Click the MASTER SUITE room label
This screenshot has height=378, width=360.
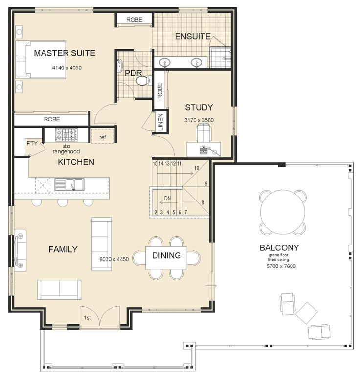point(65,53)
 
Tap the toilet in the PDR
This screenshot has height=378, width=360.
point(143,80)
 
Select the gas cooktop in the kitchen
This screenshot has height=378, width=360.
point(67,135)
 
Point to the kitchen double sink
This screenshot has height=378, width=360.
point(69,185)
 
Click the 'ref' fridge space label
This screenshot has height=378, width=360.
point(103,137)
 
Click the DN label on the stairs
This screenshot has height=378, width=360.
point(167,198)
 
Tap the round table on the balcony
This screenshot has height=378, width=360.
point(283,212)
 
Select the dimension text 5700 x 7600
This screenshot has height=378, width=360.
point(281,266)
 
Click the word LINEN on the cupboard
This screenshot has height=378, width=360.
point(160,122)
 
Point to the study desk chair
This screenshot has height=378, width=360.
point(203,133)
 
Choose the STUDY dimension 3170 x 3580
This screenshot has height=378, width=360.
point(199,120)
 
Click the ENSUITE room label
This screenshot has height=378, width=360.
point(193,36)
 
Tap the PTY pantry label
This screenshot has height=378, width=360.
point(32,143)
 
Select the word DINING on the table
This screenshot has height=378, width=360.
point(167,255)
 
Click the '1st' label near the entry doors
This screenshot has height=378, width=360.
point(87,318)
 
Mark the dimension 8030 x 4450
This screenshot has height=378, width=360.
point(114,259)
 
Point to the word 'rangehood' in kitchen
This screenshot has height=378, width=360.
point(66,152)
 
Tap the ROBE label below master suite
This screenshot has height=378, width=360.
point(52,119)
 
